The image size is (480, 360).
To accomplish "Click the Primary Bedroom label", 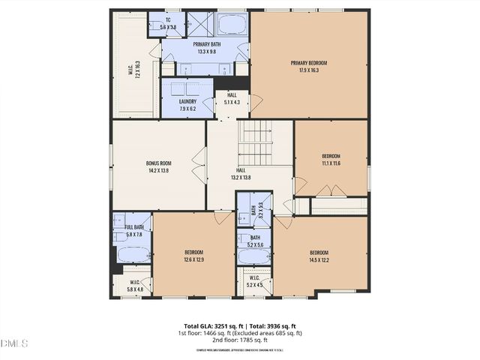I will [309, 67].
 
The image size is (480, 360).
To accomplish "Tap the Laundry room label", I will [187, 104].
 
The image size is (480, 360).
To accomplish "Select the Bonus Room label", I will [159, 166].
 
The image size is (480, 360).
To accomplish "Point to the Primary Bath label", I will [196, 48].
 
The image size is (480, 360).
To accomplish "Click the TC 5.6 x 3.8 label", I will [168, 24].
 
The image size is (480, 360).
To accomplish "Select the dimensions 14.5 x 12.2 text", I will [320, 257].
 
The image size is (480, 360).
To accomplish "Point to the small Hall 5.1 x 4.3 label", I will [227, 99].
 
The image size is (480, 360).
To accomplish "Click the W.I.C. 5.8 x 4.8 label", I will [134, 285].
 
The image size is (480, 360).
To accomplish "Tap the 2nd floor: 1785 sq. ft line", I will [239, 340].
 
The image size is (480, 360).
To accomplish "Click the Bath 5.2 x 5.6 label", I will [255, 241].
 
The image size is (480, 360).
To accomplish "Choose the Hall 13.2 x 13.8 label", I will [240, 174].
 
